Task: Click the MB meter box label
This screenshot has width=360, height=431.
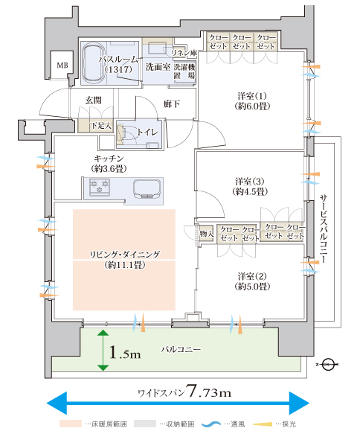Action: pyautogui.click(x=62, y=66)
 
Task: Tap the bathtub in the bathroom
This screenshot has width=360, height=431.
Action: pyautogui.click(x=94, y=63)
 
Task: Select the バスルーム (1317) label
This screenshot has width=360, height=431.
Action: pyautogui.click(x=118, y=64)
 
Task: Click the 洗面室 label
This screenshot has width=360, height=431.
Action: pyautogui.click(x=158, y=66)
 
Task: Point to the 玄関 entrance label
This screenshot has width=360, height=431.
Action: pyautogui.click(x=93, y=100)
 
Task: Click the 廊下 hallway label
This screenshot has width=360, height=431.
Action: pyautogui.click(x=172, y=104)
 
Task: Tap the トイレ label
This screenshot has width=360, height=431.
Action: pyautogui.click(x=148, y=133)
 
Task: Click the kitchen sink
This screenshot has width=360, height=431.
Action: pyautogui.click(x=147, y=189)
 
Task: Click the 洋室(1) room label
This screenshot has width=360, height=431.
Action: pyautogui.click(x=252, y=101)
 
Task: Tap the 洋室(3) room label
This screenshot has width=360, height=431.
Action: pyautogui.click(x=250, y=186)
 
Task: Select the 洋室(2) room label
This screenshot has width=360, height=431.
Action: pyautogui.click(x=252, y=281)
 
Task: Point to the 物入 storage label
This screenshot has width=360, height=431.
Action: pyautogui.click(x=206, y=234)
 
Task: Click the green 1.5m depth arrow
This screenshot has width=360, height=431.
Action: pyautogui.click(x=103, y=350)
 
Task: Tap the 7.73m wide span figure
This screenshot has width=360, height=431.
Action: pyautogui.click(x=209, y=392)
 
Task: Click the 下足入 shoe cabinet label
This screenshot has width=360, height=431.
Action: pyautogui.click(x=101, y=126)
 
